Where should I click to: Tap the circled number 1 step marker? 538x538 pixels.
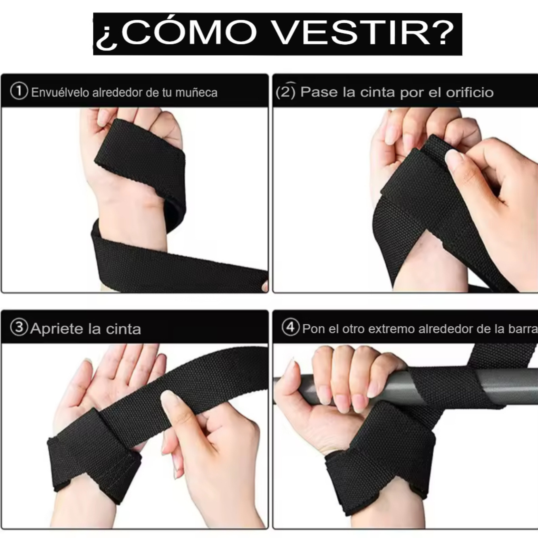coord(19,91)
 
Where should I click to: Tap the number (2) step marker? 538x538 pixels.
coord(286,91)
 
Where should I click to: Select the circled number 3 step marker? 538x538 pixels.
coord(19,328)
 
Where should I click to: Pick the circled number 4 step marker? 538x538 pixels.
coord(291,327)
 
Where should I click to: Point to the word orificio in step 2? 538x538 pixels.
coord(470,92)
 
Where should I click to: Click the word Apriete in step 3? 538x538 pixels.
coord(57,329)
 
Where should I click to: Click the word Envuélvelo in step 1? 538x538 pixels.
coord(60,92)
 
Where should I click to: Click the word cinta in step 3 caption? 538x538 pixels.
coord(123,329)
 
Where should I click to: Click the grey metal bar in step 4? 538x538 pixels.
coord(497,383)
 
